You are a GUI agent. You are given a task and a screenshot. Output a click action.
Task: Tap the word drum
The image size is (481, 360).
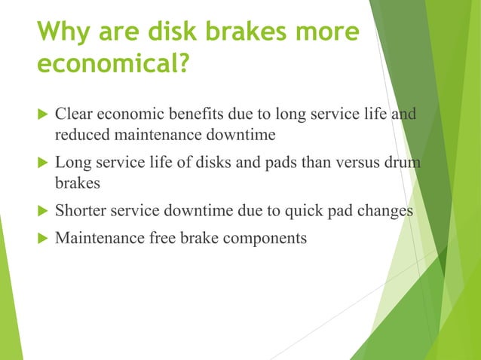[402, 163]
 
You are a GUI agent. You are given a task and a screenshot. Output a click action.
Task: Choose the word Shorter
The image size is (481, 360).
[81, 211]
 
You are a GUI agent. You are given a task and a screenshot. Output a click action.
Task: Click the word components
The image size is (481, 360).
[264, 239]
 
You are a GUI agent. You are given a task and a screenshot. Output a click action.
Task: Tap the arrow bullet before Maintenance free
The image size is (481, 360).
[41, 239]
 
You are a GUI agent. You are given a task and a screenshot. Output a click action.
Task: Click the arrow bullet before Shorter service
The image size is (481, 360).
[41, 211]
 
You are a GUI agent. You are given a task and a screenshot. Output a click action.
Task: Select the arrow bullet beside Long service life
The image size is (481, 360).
[41, 163]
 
